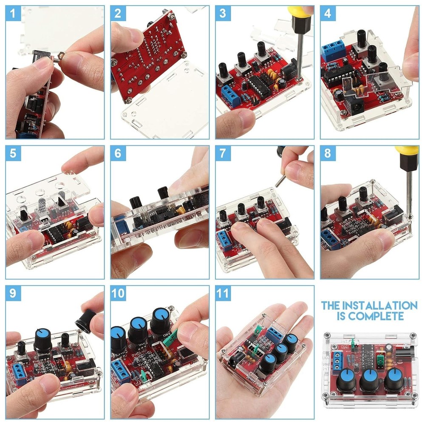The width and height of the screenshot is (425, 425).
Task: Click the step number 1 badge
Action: coord(13,13)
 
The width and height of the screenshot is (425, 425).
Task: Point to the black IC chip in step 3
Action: coord(258,85)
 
